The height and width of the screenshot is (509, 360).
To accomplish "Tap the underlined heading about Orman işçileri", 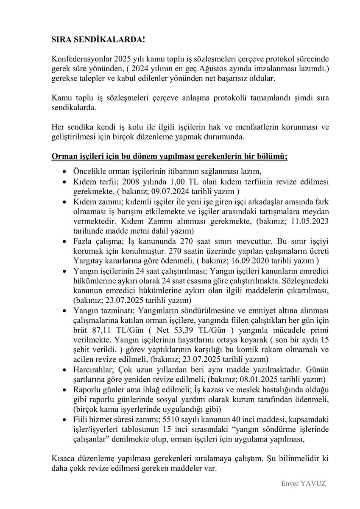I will point(170,156).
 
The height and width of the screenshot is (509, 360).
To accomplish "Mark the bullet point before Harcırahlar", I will point(64,369).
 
